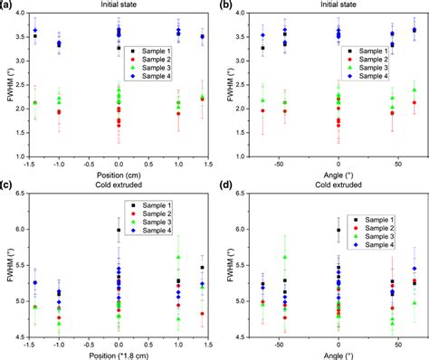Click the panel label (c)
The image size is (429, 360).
(x=7, y=186)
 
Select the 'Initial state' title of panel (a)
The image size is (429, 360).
(x=119, y=6)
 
